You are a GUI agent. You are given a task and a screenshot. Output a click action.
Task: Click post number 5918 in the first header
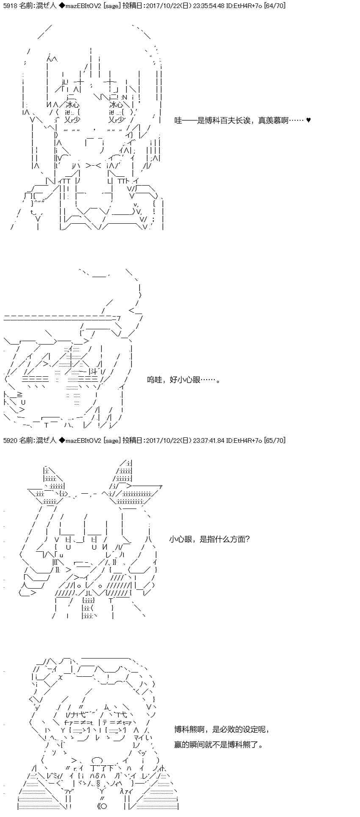[9, 6]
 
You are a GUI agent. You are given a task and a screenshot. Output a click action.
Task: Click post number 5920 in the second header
[9, 441]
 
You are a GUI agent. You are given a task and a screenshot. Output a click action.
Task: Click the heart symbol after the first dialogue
[308, 120]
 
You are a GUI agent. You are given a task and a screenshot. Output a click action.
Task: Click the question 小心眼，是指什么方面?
[209, 539]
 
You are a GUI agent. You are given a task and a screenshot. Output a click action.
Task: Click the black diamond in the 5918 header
[61, 6]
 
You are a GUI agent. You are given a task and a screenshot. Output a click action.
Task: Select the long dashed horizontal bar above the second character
[62, 318]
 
